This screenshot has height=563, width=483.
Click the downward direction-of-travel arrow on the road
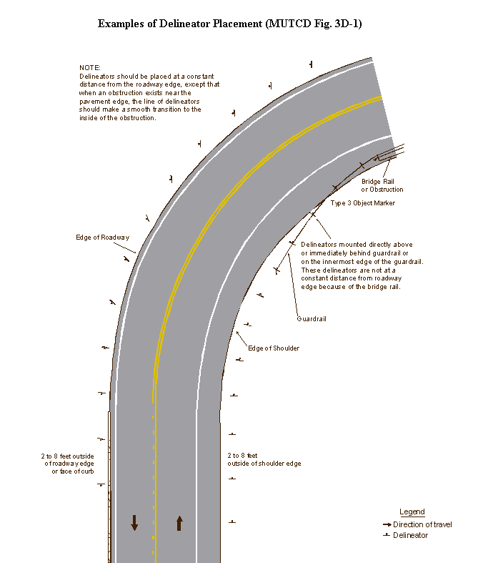coord(134,522)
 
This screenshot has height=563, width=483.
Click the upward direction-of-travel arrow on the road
coord(179,523)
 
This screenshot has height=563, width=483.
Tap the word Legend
coord(412,512)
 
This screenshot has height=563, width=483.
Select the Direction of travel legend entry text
coord(422,524)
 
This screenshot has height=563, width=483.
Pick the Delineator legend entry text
coord(411,535)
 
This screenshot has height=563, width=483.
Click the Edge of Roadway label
coord(103,238)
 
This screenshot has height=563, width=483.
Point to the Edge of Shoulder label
coord(274,348)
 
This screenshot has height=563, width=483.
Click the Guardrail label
coord(312,319)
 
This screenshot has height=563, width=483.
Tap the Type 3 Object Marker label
coord(362,203)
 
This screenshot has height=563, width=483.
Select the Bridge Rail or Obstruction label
coord(382,185)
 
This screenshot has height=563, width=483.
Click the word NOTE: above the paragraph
coord(90,68)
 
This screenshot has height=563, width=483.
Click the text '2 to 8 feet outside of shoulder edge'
coord(264,459)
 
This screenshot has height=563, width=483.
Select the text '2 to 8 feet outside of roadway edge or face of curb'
coord(68,464)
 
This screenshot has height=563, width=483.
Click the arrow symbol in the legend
coord(387,524)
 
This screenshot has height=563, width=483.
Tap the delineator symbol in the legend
coord(386,535)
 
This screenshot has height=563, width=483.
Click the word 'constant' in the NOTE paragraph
coord(200,77)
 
